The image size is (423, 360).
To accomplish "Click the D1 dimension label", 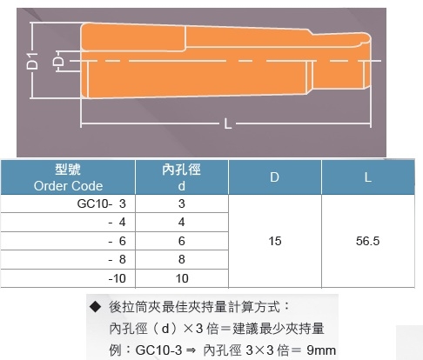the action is click(32, 61).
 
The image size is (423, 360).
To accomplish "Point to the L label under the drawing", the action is click(228, 124).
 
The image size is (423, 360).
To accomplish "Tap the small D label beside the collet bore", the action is click(58, 61).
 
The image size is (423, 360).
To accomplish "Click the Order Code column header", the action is click(68, 177).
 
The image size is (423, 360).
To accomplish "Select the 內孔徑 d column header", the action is click(181, 177).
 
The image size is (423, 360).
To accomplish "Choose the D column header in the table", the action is click(274, 177).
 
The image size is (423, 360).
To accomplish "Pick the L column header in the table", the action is click(368, 177).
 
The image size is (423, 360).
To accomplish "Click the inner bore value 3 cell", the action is click(182, 203).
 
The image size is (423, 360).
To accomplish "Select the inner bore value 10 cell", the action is click(182, 278).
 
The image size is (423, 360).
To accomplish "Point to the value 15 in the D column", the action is click(275, 241).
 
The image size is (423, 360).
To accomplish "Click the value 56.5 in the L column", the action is click(367, 241).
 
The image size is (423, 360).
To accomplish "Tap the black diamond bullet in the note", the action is click(95, 307).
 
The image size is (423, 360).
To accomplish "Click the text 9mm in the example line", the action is click(321, 350).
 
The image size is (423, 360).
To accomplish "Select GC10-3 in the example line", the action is click(158, 350).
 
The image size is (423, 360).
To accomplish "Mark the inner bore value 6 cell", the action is click(182, 241).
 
